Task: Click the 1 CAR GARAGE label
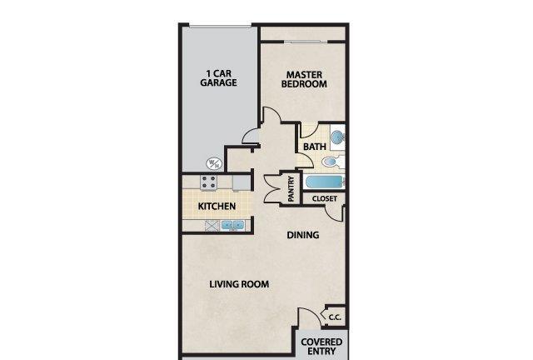coord(218,78)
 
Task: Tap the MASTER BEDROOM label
coord(304,80)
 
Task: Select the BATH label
coord(315,147)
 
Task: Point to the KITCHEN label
coord(217,206)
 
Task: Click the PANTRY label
coord(291,189)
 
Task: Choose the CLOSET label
coord(325,198)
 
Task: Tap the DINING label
coord(303,235)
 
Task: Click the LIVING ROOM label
coord(239,284)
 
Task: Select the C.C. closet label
coord(335,317)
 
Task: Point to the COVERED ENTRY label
coord(321,347)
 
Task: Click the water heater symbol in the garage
coord(215,164)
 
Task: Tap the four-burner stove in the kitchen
coord(208,182)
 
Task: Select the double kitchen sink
coord(233,225)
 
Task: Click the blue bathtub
coord(325,182)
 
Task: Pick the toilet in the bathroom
coord(332,162)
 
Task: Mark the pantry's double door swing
coord(272,189)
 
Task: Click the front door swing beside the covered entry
coord(310,318)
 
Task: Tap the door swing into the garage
coord(251,136)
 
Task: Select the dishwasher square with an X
coord(212,226)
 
